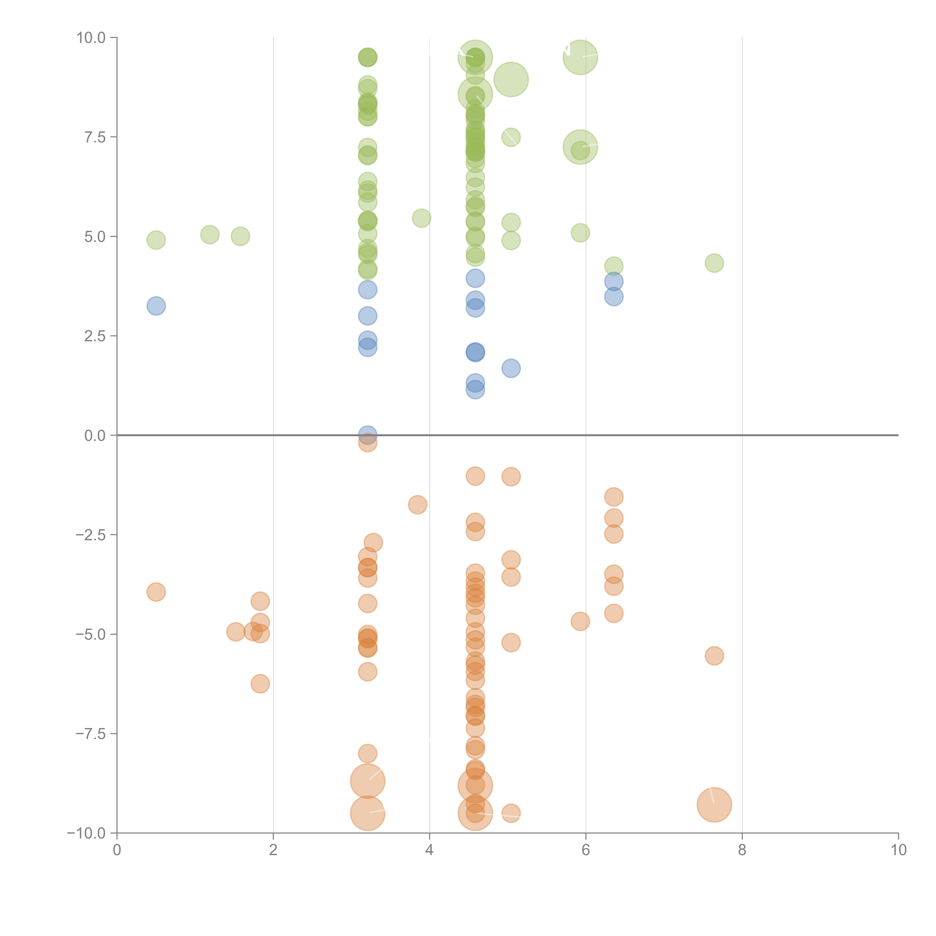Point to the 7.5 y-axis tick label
[x=95, y=137]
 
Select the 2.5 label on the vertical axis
[x=95, y=336]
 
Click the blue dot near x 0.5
[x=156, y=306]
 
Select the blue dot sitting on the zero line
[x=368, y=434]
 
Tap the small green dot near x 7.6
[x=714, y=263]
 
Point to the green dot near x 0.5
[x=156, y=240]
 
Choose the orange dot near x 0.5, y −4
[x=156, y=592]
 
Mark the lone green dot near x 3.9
[x=422, y=218]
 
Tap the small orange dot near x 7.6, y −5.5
[x=714, y=656]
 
